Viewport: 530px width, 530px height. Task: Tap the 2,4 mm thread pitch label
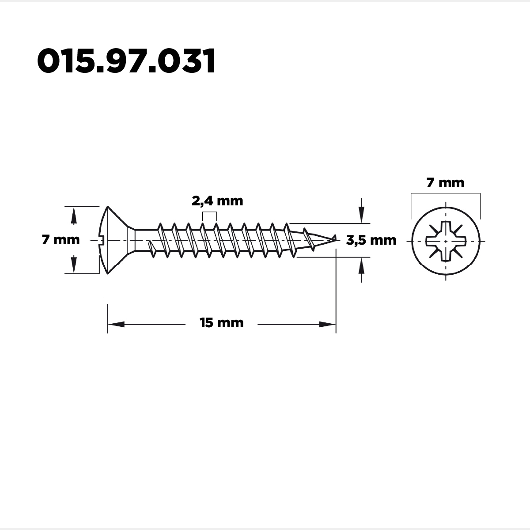tap(217, 201)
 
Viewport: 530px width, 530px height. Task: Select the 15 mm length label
tap(221, 323)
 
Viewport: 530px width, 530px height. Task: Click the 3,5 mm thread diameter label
tap(371, 240)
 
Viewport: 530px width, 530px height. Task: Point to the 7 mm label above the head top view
tap(445, 183)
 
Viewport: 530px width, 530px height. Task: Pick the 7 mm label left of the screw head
tap(61, 240)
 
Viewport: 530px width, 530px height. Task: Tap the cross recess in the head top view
tap(446, 241)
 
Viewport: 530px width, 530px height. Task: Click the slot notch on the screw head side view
tap(101, 241)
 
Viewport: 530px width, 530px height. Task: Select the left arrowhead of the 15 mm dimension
tap(116, 325)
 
